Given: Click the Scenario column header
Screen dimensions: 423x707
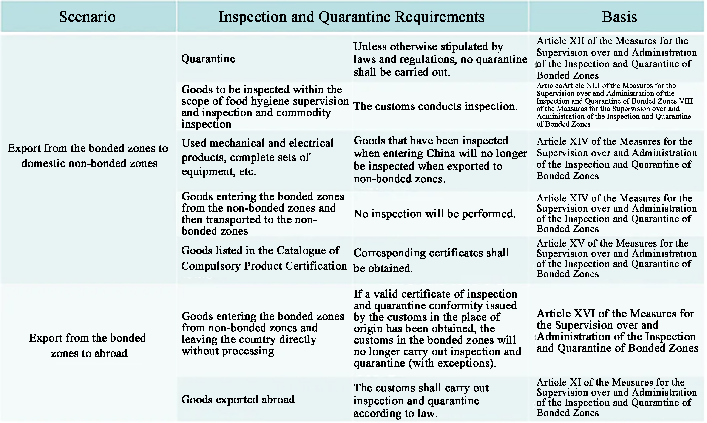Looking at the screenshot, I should click(x=87, y=17).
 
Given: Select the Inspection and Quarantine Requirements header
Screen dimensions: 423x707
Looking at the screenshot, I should click(x=351, y=17).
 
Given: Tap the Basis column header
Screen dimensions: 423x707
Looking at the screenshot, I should click(x=619, y=17).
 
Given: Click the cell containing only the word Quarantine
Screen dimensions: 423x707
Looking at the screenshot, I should click(x=208, y=59).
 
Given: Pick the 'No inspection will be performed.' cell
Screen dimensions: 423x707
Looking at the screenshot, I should click(x=434, y=213).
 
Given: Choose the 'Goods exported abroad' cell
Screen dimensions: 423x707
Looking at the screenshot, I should click(x=238, y=399).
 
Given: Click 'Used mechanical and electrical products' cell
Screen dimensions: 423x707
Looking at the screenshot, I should click(x=257, y=157).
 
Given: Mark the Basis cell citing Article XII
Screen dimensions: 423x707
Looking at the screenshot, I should click(x=616, y=58).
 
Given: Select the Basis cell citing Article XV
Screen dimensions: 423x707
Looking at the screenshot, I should click(x=616, y=259).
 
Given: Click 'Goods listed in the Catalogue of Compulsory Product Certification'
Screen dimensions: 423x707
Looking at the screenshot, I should click(x=264, y=258).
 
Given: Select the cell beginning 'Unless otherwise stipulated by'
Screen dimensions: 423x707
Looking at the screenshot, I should click(x=440, y=59).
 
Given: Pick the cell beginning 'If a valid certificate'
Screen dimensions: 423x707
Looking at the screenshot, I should click(x=437, y=328).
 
